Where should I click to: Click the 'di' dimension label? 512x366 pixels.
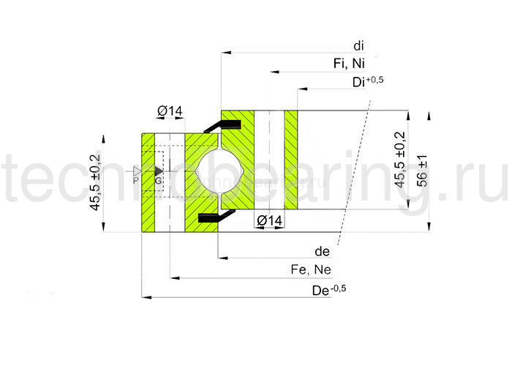(358, 45)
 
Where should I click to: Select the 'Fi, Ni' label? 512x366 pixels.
(349, 64)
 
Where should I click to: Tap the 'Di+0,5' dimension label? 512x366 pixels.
(360, 82)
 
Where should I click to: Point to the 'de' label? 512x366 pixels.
(322, 251)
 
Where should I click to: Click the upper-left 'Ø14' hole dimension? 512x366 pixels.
(169, 111)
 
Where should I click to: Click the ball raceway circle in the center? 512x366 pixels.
(219, 171)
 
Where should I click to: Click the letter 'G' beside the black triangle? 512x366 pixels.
(157, 180)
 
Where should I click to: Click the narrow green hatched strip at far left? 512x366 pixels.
(148, 182)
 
